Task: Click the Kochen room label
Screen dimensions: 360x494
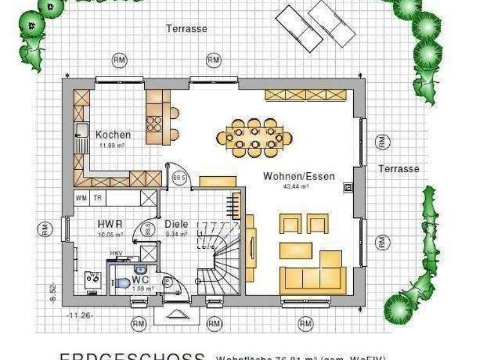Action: pos(113,135)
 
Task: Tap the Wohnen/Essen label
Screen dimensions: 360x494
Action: pos(298,176)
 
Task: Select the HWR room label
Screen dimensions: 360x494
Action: pos(110,224)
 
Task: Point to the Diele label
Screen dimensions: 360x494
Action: pos(176,224)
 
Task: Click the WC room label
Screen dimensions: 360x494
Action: pos(141,280)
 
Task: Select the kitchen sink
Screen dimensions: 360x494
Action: pos(82,131)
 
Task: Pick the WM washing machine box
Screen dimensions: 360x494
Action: pos(82,198)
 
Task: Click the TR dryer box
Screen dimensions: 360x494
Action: pos(98,198)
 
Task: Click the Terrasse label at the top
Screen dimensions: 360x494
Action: pos(187,29)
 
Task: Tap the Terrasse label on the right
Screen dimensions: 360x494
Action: pos(398,169)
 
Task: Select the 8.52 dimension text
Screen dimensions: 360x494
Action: pos(53,295)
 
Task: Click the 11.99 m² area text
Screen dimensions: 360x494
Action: pos(111,145)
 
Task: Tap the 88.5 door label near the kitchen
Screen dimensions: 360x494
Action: pos(179,177)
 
